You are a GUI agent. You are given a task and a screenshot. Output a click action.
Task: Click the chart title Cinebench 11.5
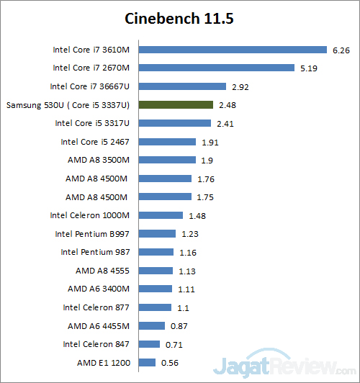(x=179, y=17)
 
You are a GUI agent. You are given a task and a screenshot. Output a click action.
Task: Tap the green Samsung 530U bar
(x=176, y=105)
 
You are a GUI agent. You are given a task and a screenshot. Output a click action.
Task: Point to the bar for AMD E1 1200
(x=147, y=362)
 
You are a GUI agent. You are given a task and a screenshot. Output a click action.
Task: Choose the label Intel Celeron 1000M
(x=90, y=215)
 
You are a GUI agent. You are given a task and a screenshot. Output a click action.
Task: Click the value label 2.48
(x=226, y=105)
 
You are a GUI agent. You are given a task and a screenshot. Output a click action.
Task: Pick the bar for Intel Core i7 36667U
(x=183, y=86)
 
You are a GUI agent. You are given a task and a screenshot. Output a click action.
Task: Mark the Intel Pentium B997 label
(x=92, y=234)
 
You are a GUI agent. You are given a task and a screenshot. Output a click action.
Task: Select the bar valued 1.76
(x=166, y=179)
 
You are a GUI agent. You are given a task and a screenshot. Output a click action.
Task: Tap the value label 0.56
(x=169, y=362)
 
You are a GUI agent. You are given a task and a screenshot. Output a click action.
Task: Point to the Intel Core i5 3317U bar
(x=175, y=123)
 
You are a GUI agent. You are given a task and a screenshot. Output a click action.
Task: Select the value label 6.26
(x=341, y=50)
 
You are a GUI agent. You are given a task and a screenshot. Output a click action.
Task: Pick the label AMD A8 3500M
(x=97, y=160)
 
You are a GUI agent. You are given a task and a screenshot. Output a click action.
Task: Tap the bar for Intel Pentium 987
(x=156, y=252)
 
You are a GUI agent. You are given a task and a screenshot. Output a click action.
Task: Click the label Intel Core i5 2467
(x=95, y=142)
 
